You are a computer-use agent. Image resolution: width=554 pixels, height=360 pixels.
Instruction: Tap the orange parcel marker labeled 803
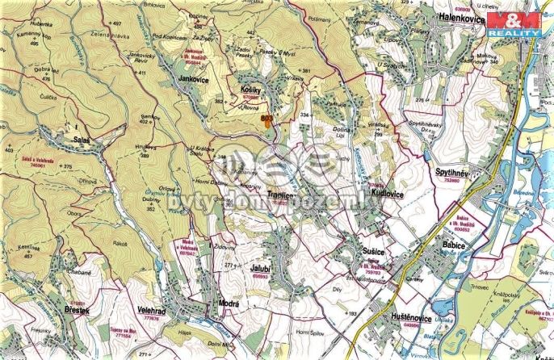coord(267,122)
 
